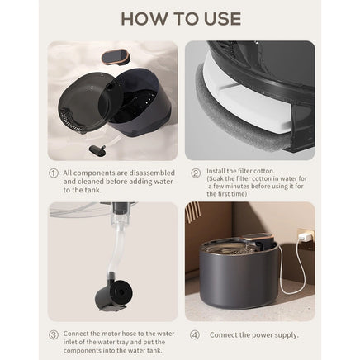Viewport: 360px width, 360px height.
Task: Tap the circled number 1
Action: point(54,173)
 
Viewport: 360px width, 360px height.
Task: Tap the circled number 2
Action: point(196,173)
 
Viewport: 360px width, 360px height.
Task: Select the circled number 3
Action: point(54,334)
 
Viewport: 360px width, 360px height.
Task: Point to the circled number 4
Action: point(195,335)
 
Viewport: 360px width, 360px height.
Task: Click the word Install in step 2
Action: point(216,171)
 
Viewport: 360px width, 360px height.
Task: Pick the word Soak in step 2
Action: point(216,178)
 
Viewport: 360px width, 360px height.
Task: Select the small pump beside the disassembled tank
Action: point(97,149)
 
